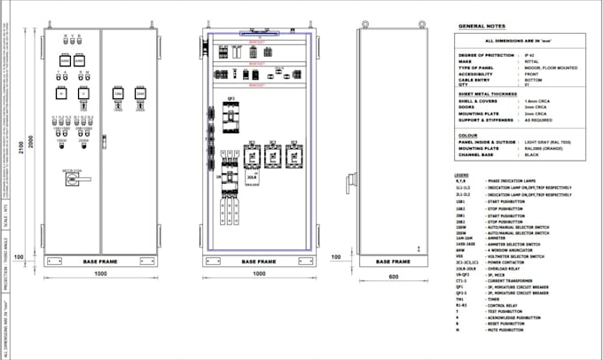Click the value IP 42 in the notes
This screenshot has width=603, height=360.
530,55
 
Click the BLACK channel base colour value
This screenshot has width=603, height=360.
531,155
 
